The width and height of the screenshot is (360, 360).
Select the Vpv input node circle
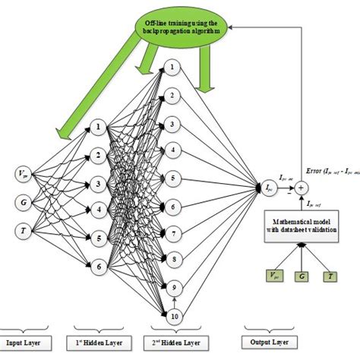pos(24,177)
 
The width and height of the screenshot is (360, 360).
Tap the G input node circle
pos(24,203)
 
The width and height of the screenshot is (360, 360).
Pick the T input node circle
pos(24,229)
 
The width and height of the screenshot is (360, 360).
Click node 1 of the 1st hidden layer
pos(97,128)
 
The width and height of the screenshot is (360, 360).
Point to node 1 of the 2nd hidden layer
pos(175,68)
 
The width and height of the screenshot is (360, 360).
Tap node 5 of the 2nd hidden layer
pos(175,178)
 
